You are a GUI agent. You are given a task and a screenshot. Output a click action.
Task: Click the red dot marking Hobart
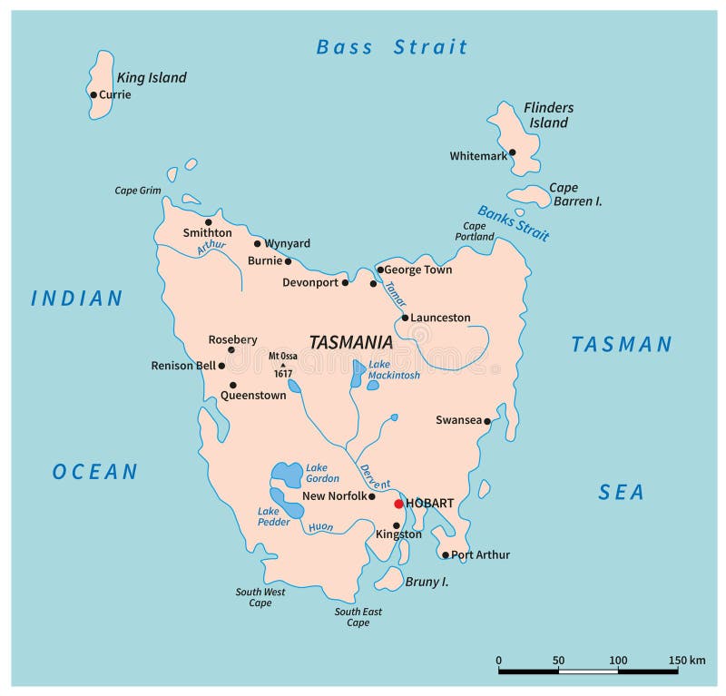[398, 504]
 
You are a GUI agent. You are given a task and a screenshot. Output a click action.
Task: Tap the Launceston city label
[440, 318]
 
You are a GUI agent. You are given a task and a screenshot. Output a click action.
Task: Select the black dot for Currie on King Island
[93, 94]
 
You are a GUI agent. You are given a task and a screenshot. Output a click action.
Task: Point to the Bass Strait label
[391, 47]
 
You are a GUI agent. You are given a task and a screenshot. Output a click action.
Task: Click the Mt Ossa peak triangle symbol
[282, 365]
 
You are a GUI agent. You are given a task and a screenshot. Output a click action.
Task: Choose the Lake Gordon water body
[288, 474]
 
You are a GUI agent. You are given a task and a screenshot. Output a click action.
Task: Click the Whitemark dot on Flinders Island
[512, 152]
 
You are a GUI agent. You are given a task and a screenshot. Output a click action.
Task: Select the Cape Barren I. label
[575, 195]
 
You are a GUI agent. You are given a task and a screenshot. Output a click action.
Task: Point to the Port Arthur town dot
[445, 554]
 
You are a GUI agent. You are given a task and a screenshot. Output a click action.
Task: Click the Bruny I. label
[427, 581]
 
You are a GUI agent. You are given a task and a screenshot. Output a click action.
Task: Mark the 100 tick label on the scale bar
[618, 660]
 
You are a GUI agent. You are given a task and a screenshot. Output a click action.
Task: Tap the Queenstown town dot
[232, 385]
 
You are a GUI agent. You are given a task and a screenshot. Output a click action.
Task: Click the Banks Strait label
[514, 223]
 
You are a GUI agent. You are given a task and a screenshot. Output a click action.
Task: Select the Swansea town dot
[487, 421]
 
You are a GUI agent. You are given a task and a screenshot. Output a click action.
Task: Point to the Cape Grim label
[137, 191]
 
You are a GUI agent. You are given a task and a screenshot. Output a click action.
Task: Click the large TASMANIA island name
[350, 342]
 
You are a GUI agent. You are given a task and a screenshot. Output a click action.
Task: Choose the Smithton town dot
[208, 221]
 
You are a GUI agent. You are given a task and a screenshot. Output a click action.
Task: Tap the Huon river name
[320, 526]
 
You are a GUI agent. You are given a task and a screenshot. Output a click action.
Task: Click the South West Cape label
[260, 597]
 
